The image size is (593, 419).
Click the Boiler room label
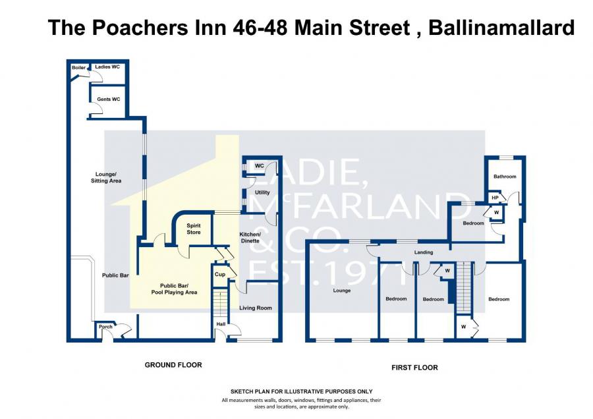(78, 68)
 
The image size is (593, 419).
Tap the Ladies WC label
(107, 67)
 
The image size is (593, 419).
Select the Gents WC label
(109, 99)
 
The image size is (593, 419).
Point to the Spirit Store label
(194, 229)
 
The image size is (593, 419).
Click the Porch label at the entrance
(105, 327)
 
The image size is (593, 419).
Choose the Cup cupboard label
(219, 274)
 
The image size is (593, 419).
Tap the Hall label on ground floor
(221, 324)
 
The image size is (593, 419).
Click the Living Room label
(256, 308)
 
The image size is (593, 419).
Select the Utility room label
(262, 192)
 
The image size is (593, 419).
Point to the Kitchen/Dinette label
(250, 237)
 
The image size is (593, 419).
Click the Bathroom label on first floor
(505, 177)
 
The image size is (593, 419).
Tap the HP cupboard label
(495, 198)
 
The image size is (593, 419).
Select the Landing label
(424, 252)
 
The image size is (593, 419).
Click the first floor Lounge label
(341, 291)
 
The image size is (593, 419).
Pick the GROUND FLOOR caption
(173, 365)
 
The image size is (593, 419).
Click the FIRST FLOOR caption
(414, 368)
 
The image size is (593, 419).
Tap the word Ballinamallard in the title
(501, 28)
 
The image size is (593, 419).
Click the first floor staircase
(465, 287)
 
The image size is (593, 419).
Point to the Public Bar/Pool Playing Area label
(174, 289)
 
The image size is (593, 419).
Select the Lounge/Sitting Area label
(106, 177)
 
